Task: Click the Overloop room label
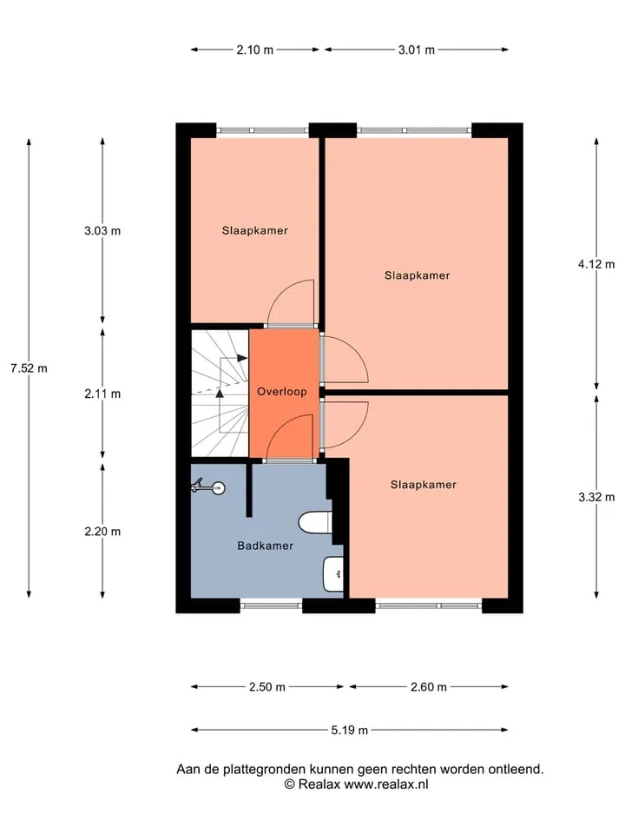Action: click(x=281, y=392)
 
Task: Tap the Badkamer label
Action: click(x=266, y=546)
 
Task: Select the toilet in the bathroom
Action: click(x=316, y=522)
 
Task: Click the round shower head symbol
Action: click(x=218, y=487)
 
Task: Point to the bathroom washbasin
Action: click(x=333, y=574)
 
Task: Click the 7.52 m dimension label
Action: click(x=29, y=368)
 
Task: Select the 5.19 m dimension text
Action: click(x=349, y=731)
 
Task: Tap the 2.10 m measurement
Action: click(x=255, y=50)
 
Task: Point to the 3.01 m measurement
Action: click(x=417, y=50)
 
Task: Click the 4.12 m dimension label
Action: click(x=596, y=264)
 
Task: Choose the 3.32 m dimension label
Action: click(x=596, y=497)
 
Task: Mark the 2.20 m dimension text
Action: click(x=102, y=532)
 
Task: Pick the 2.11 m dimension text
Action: click(x=102, y=394)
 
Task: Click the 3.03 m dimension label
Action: click(x=102, y=231)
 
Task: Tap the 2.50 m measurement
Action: click(x=267, y=687)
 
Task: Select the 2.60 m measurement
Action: click(x=428, y=687)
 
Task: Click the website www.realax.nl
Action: click(x=385, y=784)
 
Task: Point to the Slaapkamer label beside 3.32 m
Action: click(x=424, y=485)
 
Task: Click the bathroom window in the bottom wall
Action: click(x=271, y=606)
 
